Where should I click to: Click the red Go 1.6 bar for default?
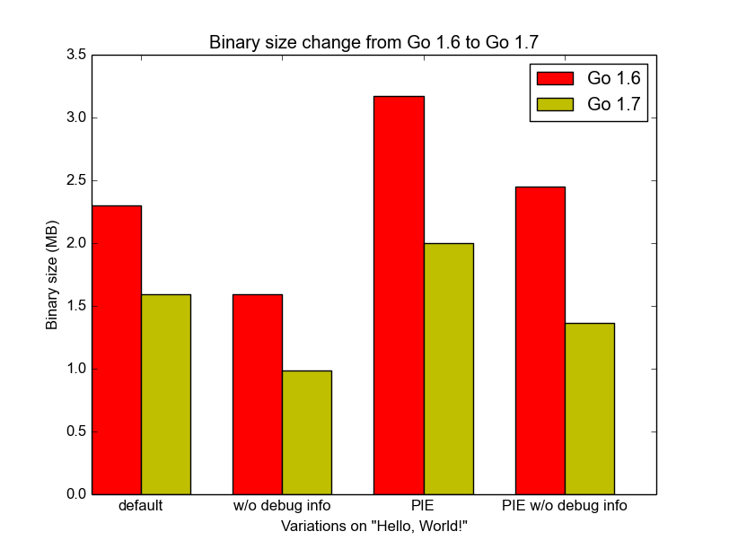[x=117, y=350]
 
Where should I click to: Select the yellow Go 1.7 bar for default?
[x=166, y=395]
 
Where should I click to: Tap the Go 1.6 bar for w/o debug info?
[x=258, y=395]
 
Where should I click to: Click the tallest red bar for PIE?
[x=400, y=295]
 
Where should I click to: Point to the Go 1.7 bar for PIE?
[x=449, y=369]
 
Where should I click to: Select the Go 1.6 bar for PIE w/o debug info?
[x=540, y=341]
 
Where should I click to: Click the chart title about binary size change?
[x=374, y=42]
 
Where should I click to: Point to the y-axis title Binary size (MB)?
[x=53, y=274]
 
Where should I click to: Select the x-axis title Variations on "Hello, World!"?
[x=374, y=525]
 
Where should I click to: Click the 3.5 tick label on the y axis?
[x=76, y=56]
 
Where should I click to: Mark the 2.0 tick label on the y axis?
[x=76, y=244]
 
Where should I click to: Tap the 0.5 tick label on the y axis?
[x=76, y=432]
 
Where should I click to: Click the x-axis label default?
[x=141, y=506]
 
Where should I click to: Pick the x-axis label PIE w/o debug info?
[x=565, y=506]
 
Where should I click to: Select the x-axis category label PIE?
[x=424, y=506]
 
